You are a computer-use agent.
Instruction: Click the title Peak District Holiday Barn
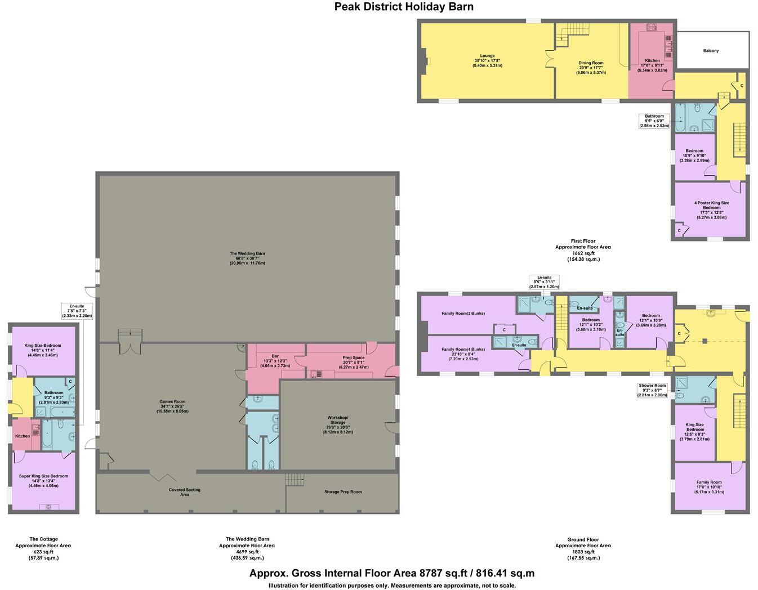[x=404, y=7]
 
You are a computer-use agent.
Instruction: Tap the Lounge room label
[x=487, y=60]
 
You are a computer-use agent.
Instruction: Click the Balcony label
[x=711, y=51]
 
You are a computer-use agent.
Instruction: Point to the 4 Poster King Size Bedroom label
[x=711, y=209]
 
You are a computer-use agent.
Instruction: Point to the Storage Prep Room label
[x=342, y=491]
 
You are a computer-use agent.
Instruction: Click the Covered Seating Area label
[x=184, y=492]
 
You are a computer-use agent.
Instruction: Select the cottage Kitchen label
[x=23, y=436]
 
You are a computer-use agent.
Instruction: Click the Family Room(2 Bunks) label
[x=463, y=314]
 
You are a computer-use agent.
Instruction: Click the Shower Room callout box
[x=653, y=390]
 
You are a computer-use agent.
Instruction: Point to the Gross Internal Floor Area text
[x=392, y=573]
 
